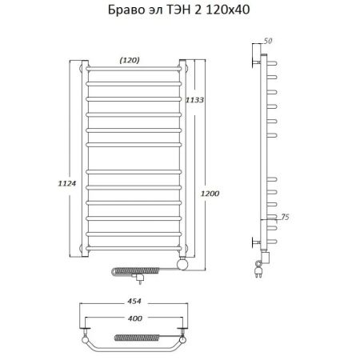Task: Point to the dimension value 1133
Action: point(194,99)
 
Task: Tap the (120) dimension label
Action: point(130,58)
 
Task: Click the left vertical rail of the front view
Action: point(86,160)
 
